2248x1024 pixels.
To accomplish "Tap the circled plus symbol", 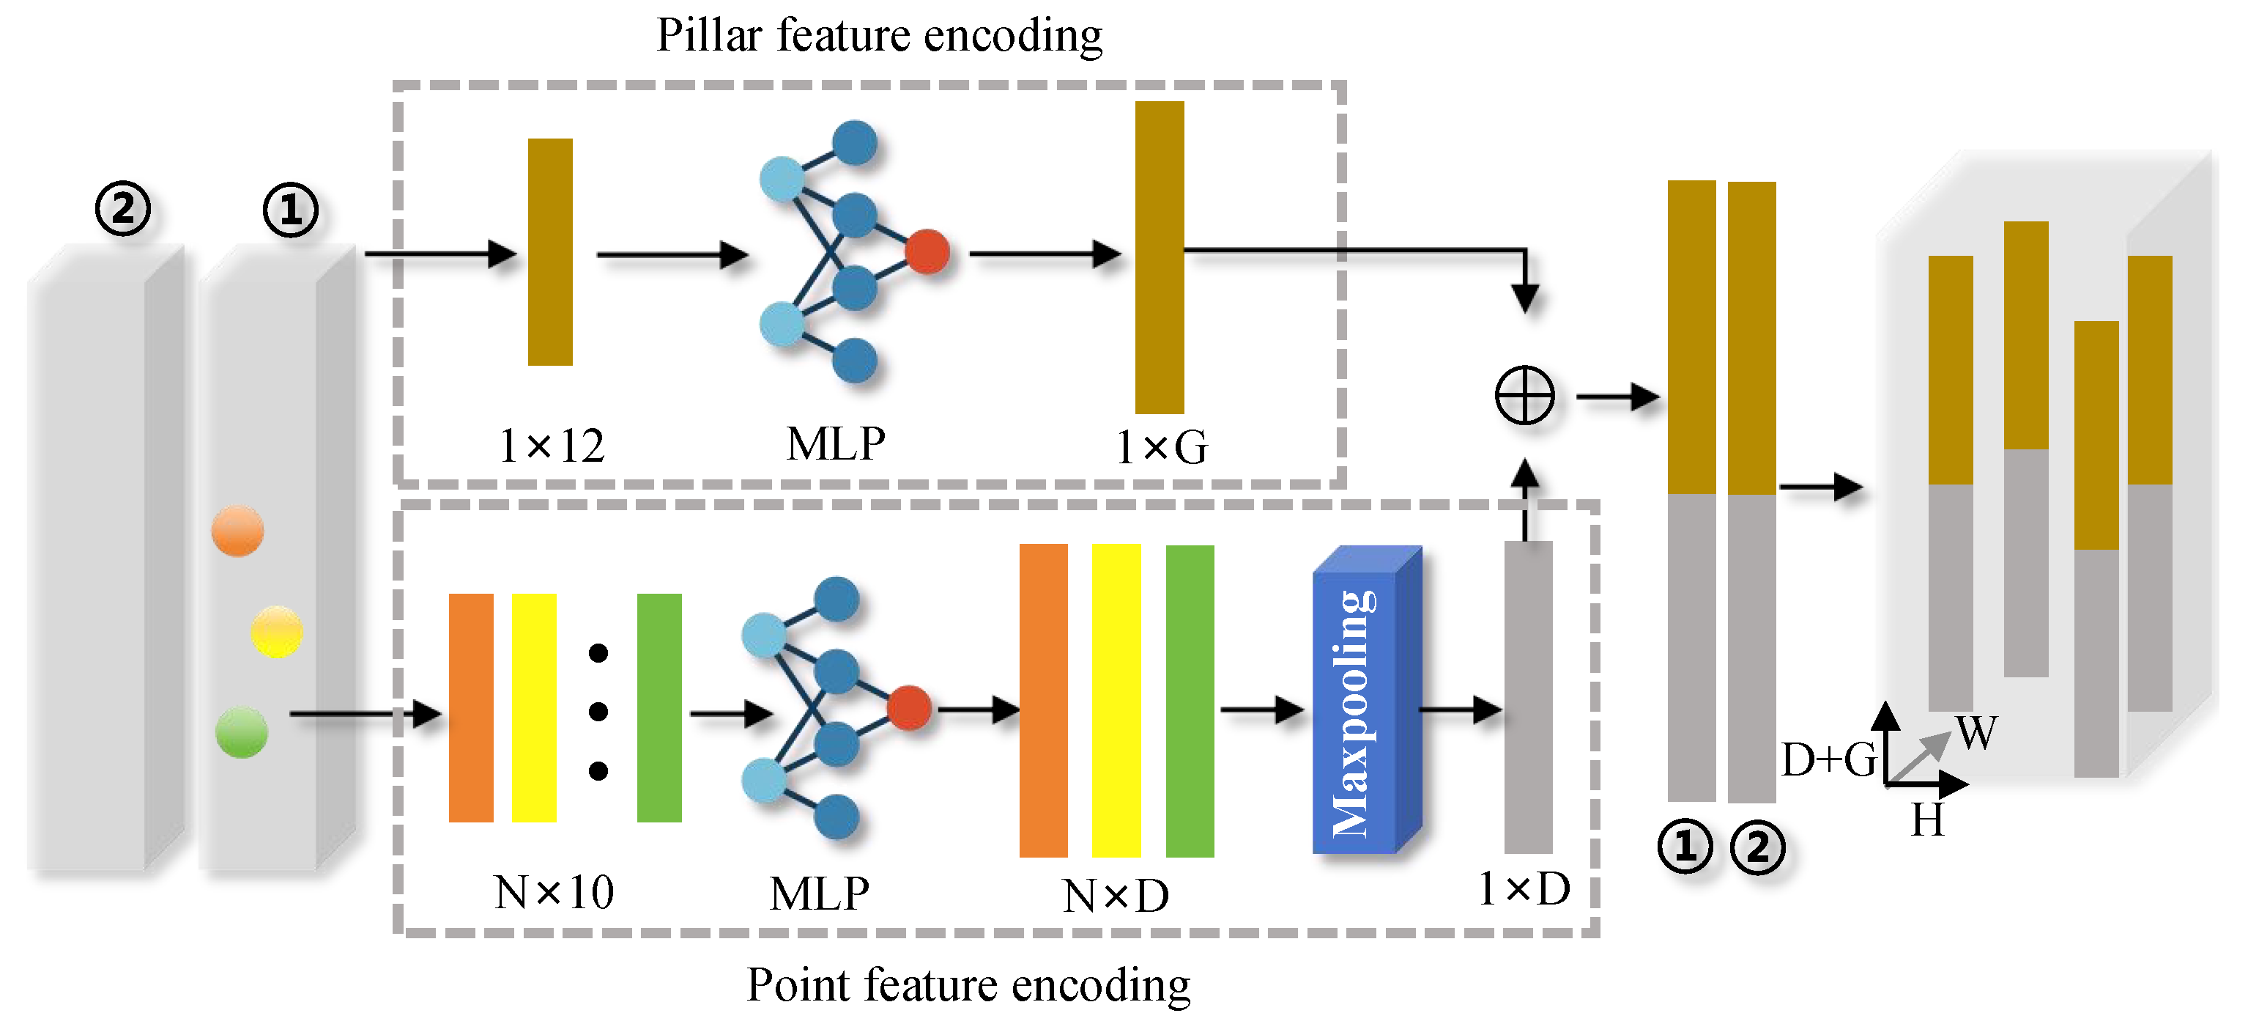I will (1524, 396).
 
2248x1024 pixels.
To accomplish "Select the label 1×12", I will (551, 447).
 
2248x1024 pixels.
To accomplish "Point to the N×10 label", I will (553, 893).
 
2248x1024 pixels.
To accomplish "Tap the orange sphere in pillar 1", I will (237, 531).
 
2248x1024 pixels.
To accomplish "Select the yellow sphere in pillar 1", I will (277, 631).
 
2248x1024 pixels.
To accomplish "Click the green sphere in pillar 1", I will (241, 732).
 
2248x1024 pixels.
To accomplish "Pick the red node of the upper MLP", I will (927, 251).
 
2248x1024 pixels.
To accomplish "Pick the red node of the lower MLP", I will (908, 707).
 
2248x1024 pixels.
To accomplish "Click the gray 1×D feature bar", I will (1527, 696).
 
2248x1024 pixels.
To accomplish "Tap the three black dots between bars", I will (598, 712).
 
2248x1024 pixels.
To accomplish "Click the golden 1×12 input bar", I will (550, 251).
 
